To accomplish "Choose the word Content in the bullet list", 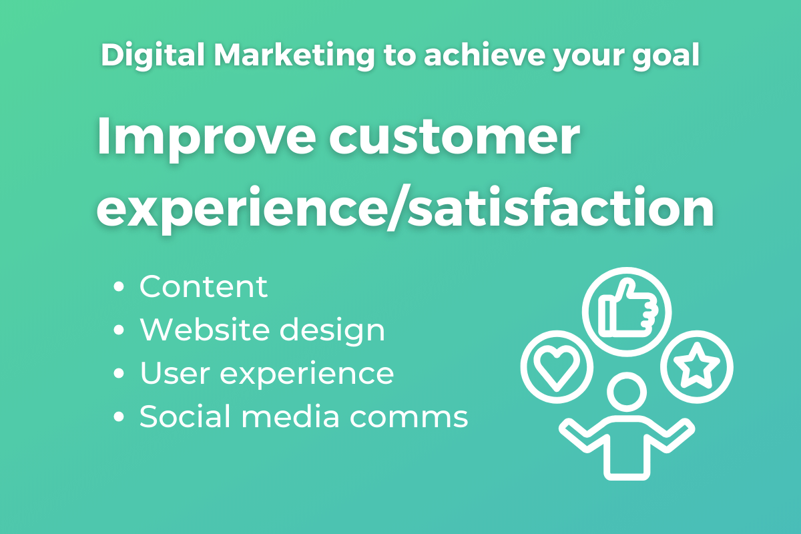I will coord(204,287).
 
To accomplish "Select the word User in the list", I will coord(174,373).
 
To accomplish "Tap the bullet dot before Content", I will coord(119,288).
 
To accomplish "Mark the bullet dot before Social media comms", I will coord(119,417).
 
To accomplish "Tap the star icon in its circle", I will coord(696,366).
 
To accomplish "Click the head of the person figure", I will coord(627,393).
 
